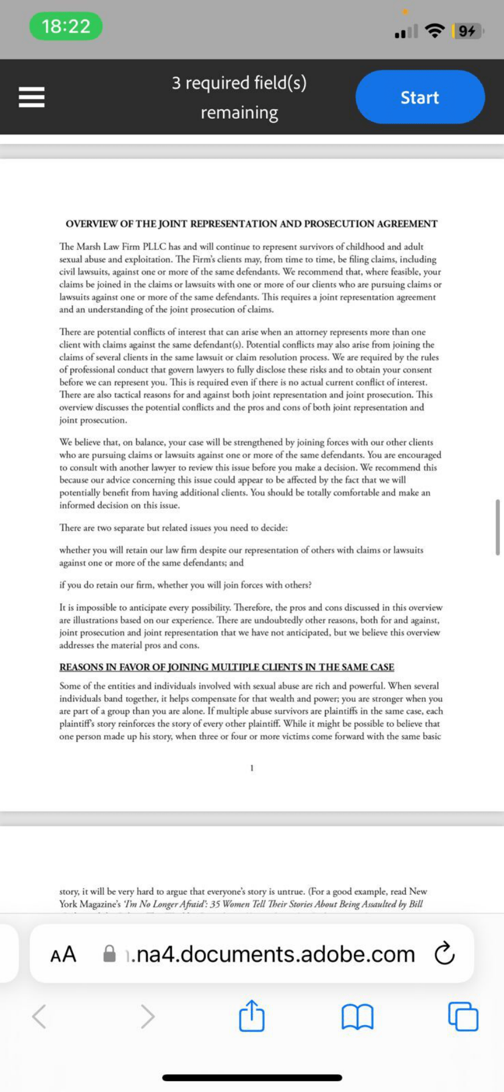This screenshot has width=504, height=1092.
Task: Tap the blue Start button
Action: pos(420,97)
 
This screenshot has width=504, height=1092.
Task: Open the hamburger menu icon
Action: pos(31,97)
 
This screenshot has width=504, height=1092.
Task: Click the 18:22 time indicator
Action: pos(66,26)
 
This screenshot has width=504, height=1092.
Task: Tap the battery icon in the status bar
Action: pos(467,31)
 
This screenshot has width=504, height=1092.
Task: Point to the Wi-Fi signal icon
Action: pos(435,31)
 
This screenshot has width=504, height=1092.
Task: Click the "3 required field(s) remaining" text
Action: pos(239,98)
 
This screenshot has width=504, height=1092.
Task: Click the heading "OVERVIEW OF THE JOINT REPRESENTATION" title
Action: pos(251,224)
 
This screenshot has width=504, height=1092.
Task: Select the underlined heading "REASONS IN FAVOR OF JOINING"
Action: pos(227,667)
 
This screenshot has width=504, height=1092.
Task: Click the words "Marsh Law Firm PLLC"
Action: pos(120,247)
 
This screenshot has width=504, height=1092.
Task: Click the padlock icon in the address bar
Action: pos(109,954)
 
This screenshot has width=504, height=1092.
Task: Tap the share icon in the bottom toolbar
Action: pos(252,1016)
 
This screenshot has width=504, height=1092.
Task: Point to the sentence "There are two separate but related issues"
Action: pos(174,528)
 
